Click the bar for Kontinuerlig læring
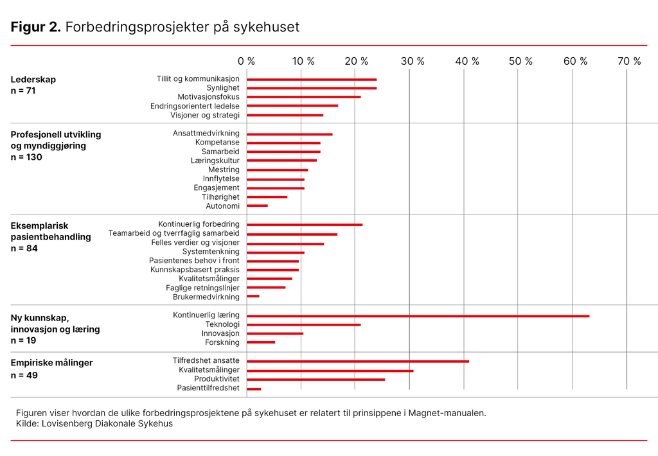418,316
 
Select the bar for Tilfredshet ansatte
358,362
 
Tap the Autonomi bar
257,206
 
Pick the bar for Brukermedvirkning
253,297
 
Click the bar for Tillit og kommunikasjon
312,80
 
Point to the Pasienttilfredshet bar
254,389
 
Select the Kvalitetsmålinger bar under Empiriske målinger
330,371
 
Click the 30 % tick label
413,61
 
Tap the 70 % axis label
629,61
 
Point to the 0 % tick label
246,61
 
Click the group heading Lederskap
33,80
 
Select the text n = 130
26,157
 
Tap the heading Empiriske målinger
51,363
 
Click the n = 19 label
24,340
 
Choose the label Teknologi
222,325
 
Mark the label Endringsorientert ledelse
195,106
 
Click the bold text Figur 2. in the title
36,28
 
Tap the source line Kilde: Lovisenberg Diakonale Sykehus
94,424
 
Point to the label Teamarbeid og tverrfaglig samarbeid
173,234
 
